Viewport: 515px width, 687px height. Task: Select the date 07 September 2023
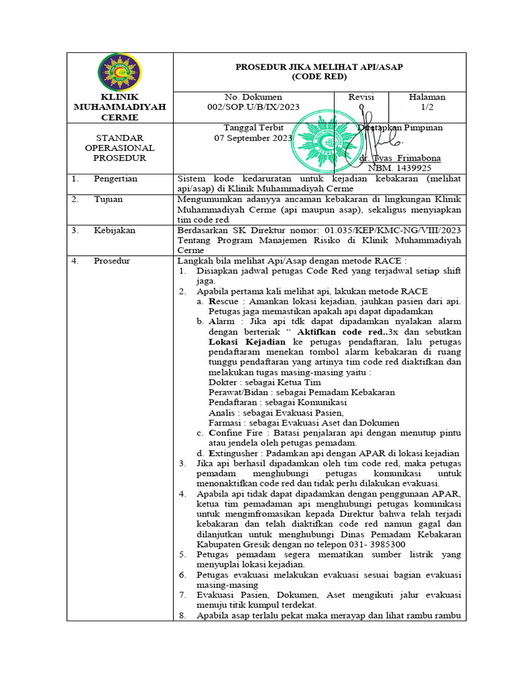point(253,138)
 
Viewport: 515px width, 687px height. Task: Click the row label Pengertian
point(115,179)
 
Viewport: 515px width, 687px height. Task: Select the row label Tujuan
point(108,200)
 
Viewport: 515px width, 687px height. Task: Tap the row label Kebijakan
point(114,230)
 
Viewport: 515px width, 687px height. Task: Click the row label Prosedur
point(112,260)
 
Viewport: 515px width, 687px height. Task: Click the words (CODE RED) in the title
point(319,76)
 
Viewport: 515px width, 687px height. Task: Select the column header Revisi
point(361,97)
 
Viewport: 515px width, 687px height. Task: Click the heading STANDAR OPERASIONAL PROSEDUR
point(119,148)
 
